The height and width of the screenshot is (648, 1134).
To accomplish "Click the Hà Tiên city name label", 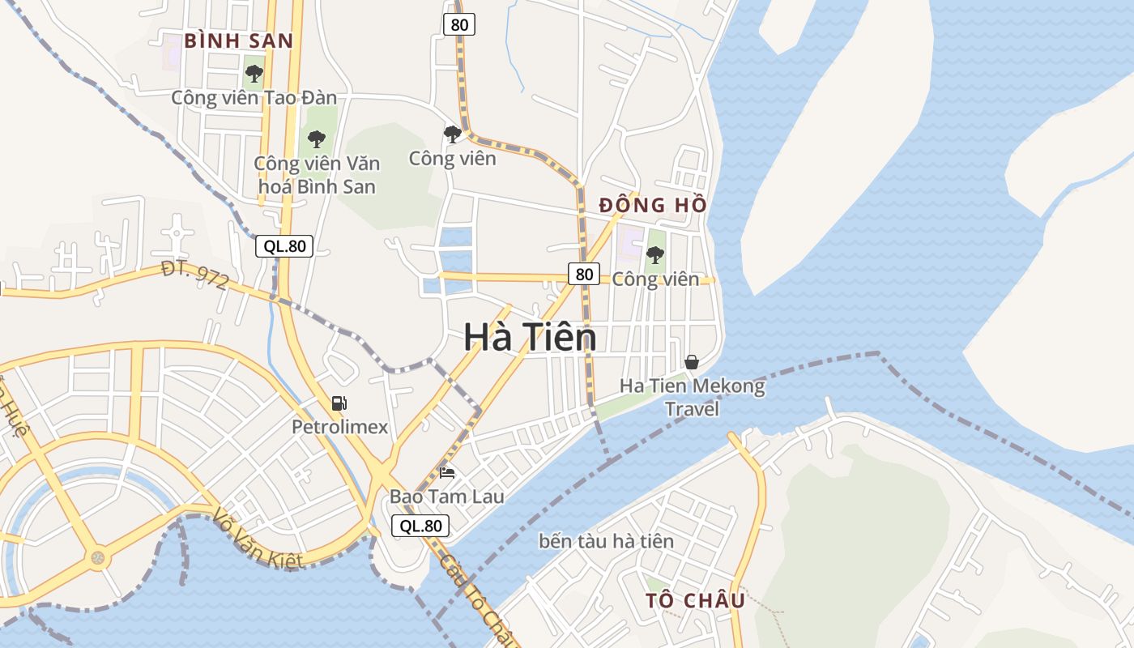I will [530, 337].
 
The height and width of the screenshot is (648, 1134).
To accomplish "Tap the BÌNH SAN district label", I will [238, 40].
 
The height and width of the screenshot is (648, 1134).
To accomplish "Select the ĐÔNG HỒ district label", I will [653, 205].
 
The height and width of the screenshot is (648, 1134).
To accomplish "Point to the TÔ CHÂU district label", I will [695, 600].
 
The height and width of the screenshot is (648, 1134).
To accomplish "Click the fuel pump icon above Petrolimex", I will [339, 403].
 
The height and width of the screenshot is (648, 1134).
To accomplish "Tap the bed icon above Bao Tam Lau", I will [446, 472].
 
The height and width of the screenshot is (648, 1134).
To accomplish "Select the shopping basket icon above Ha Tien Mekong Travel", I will [691, 361].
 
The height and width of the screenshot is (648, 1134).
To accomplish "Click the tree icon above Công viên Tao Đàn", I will [254, 74].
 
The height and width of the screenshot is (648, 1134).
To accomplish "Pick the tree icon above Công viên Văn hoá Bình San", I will [316, 139].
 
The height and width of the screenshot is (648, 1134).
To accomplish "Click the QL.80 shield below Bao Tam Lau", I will [420, 526].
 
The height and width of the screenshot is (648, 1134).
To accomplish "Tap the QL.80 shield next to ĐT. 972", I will [284, 246].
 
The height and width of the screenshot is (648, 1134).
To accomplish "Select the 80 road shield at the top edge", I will [459, 25].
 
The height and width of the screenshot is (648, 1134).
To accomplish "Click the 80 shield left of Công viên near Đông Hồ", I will [583, 274].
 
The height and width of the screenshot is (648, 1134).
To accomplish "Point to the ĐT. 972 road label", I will [194, 275].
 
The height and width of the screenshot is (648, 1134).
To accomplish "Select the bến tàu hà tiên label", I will [606, 540].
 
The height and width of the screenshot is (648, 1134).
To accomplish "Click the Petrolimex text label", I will [340, 427].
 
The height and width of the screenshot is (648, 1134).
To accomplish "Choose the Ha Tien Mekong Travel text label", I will [692, 397].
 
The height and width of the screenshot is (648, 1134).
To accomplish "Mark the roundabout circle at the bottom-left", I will [98, 557].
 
